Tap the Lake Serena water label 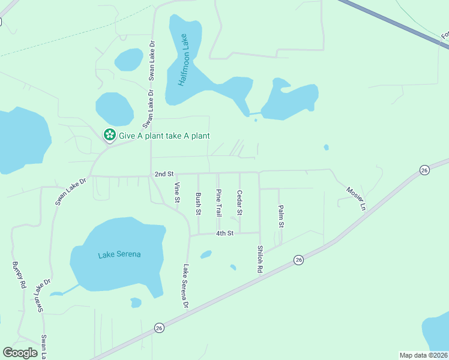pos(119,254)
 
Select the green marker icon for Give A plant pos(109,135)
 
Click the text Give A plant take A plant pos(164,136)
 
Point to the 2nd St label pos(163,174)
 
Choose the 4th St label pos(224,233)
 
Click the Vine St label pos(177,193)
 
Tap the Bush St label pos(198,203)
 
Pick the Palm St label pos(280,216)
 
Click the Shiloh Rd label pos(260,259)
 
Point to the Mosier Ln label pos(355,198)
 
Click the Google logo pos(20,353)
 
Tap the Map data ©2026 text pos(423,355)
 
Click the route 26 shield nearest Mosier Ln pos(424,170)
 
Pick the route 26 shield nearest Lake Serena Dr pos(158,328)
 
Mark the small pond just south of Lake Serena pos(136,302)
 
